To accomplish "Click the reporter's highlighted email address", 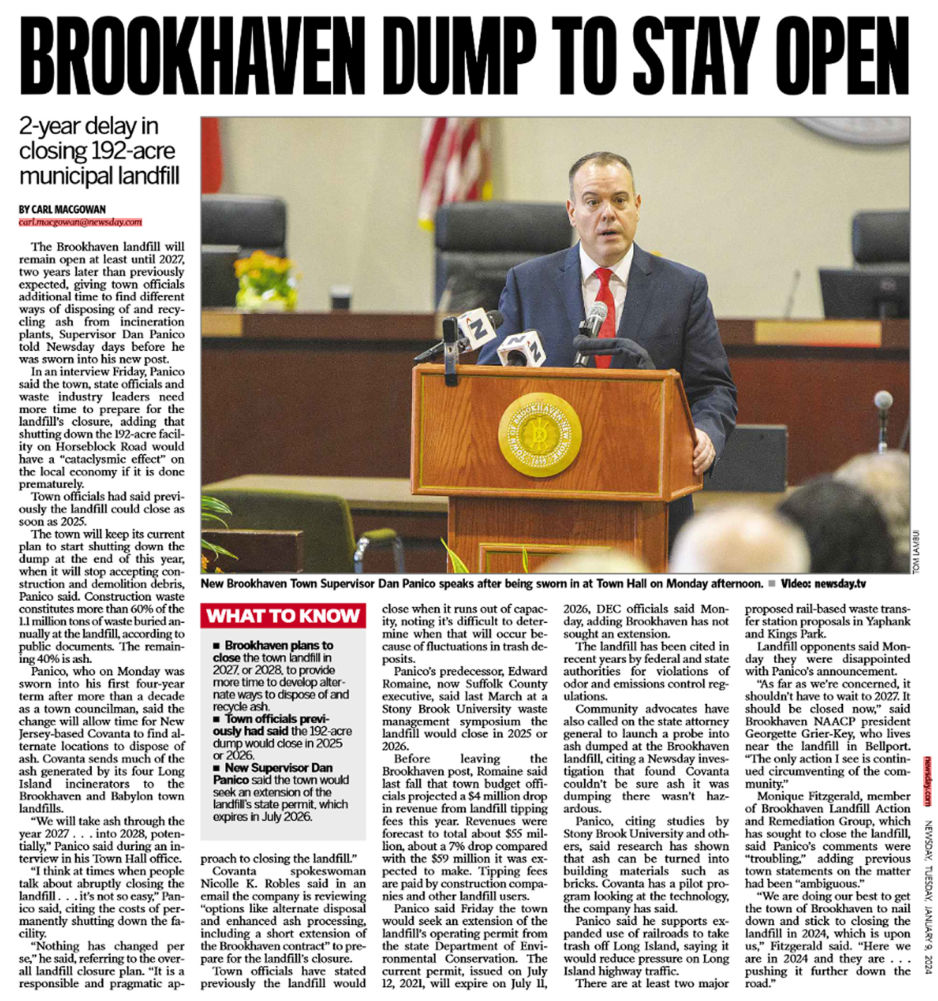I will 80,222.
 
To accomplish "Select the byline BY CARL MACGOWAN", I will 62,209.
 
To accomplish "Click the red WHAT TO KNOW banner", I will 283,616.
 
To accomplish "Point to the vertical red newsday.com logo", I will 927,781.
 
